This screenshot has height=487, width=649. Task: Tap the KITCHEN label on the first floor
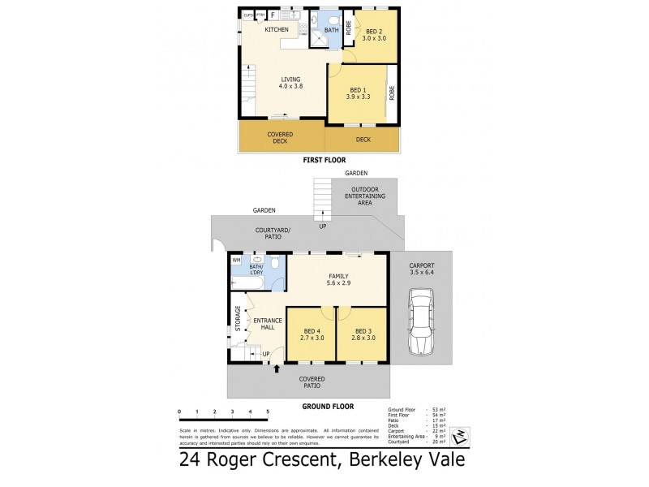[277, 30]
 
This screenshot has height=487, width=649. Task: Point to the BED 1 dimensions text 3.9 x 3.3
[358, 96]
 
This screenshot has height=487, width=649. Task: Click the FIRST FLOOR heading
[324, 161]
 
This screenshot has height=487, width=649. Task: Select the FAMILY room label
[339, 276]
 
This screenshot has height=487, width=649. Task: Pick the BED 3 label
[363, 331]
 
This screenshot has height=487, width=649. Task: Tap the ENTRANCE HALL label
[268, 323]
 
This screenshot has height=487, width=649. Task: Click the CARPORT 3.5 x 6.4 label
[422, 269]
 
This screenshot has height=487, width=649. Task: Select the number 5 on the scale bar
[267, 413]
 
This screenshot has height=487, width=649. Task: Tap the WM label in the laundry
[237, 260]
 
